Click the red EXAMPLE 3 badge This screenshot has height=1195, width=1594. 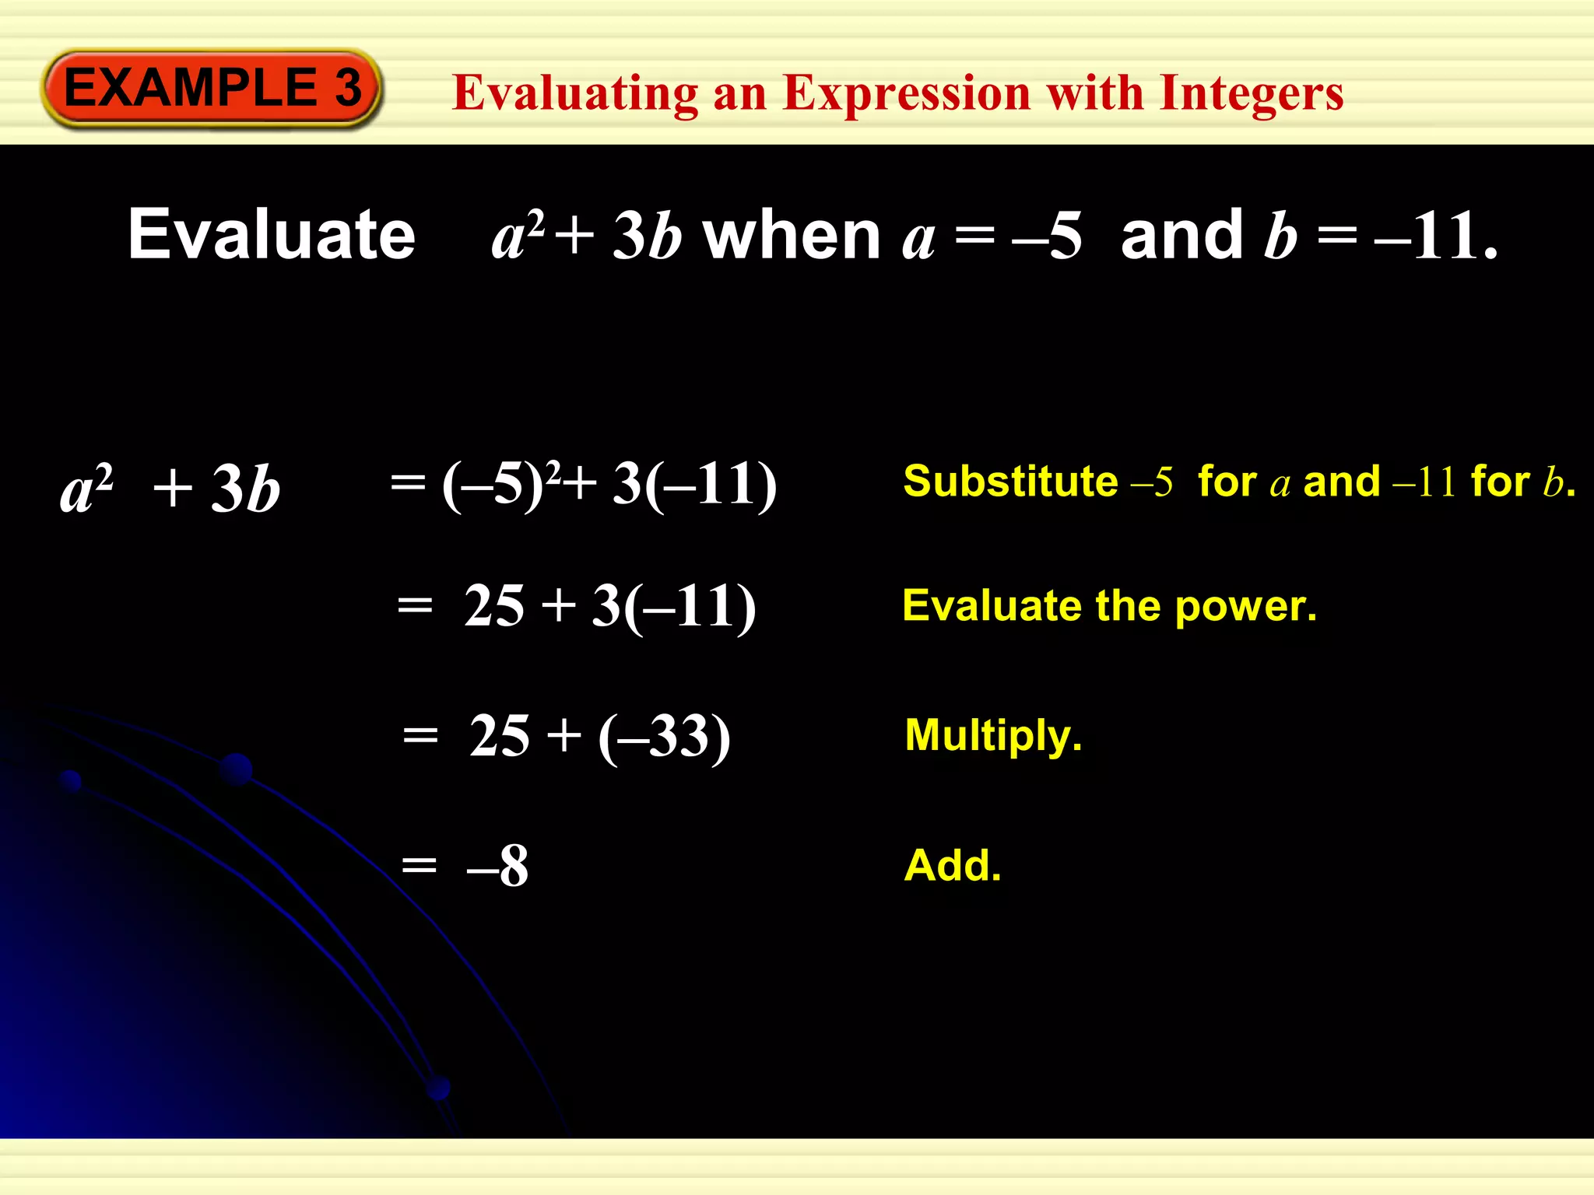(212, 88)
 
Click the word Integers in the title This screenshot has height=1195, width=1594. (1251, 93)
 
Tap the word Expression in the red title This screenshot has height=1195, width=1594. (907, 93)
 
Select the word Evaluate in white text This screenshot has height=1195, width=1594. (272, 234)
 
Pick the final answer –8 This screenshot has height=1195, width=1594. (498, 866)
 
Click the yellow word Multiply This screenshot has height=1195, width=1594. (992, 735)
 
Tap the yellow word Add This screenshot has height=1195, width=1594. (952, 865)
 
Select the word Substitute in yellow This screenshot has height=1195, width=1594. (1010, 481)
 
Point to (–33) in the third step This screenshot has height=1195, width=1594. (664, 736)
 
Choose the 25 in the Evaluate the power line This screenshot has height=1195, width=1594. (494, 606)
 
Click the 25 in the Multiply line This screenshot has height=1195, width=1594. (500, 736)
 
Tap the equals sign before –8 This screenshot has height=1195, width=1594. (420, 865)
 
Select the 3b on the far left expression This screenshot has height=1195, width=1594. (245, 489)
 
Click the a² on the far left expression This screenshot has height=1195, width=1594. (87, 489)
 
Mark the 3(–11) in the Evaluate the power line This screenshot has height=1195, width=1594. (673, 606)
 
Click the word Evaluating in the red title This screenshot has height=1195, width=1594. (575, 93)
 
